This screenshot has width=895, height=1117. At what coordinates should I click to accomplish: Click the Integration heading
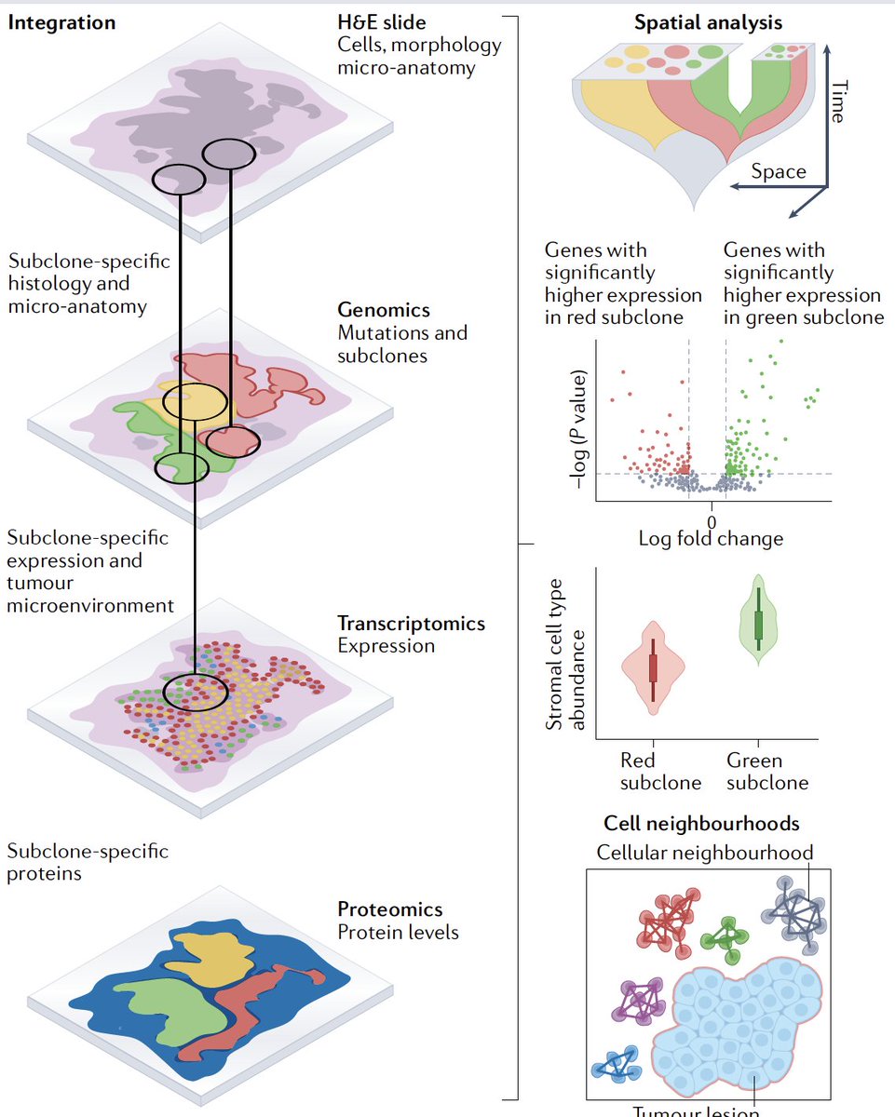coord(61,22)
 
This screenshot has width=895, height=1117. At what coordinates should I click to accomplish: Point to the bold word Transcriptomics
coord(411,623)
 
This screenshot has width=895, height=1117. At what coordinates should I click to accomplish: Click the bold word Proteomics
coord(389,908)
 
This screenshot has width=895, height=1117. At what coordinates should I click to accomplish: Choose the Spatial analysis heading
coord(708,22)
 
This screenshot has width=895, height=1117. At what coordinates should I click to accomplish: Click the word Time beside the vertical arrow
coord(838,101)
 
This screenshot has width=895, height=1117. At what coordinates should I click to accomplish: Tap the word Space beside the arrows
coord(779,171)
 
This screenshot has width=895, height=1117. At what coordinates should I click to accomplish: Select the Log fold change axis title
coord(711,538)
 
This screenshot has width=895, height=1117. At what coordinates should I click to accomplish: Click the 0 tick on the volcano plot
coord(711,521)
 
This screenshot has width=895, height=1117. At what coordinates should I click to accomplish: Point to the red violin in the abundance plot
coord(653,667)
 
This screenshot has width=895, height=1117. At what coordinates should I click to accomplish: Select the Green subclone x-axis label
coord(766,772)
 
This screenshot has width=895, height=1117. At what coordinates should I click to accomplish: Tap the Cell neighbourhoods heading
coord(700,824)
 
